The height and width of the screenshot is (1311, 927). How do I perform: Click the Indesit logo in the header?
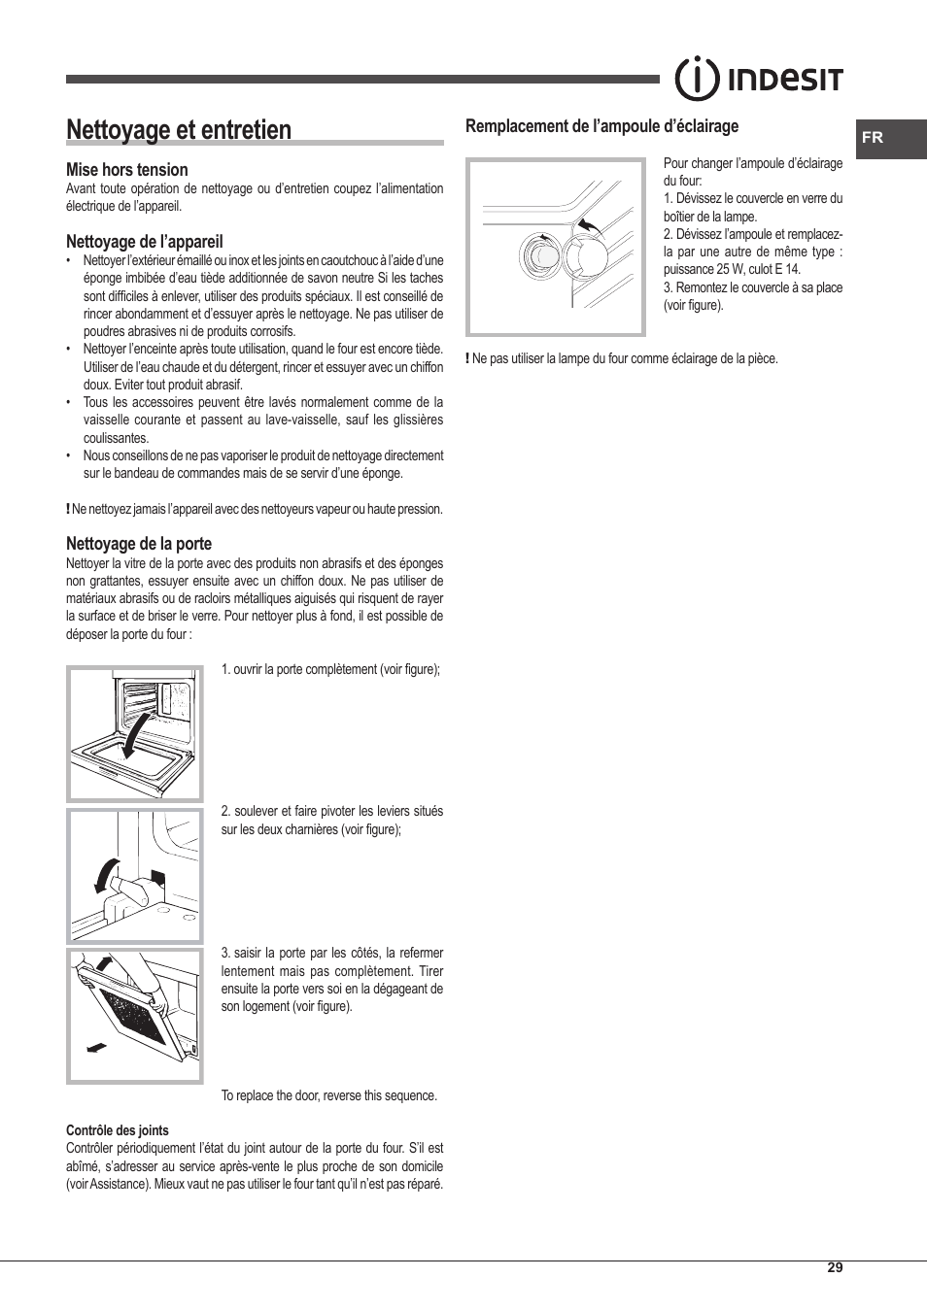[759, 80]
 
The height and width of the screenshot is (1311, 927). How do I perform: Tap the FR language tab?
[872, 138]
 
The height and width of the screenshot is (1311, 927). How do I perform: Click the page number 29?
[835, 1267]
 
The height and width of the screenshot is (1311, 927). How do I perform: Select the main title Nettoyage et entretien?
[179, 130]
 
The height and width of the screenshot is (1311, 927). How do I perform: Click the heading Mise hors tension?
[126, 170]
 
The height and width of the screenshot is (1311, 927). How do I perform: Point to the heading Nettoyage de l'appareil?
[144, 242]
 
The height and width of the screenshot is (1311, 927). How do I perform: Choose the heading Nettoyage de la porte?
[138, 544]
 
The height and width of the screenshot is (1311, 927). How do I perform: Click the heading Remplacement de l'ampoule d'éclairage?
[601, 126]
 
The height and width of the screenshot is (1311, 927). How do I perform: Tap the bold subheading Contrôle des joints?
[117, 1130]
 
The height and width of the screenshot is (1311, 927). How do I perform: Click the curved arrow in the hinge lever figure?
[102, 875]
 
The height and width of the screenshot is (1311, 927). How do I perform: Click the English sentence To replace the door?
[328, 1095]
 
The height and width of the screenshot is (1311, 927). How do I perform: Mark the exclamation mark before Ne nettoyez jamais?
[68, 509]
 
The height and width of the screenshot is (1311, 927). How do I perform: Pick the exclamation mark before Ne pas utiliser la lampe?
[467, 358]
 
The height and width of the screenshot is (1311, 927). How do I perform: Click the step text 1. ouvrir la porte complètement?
[329, 669]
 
